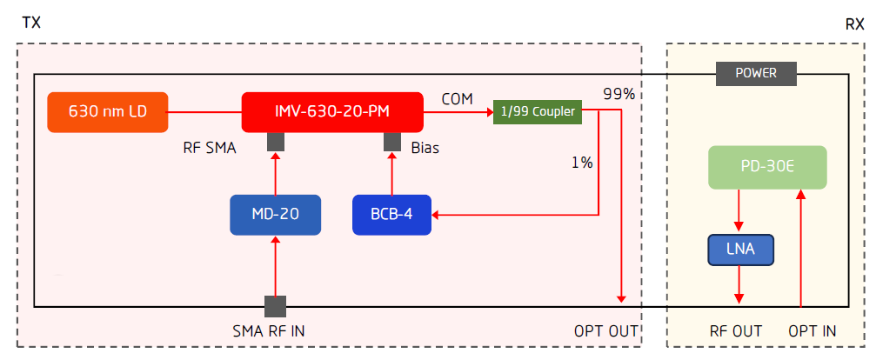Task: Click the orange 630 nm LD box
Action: tap(107, 112)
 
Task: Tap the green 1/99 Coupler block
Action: tap(538, 111)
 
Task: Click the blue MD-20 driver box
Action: tap(276, 215)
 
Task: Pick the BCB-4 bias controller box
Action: tap(393, 215)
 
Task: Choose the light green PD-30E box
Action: tap(766, 168)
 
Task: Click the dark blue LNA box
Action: tap(739, 251)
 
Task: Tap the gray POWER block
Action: tap(756, 74)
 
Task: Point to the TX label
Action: tap(30, 23)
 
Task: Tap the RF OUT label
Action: tap(736, 331)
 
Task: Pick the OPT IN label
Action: tap(812, 331)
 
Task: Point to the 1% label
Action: tap(582, 163)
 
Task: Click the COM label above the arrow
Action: tap(457, 98)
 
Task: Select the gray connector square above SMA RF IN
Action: tap(275, 306)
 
